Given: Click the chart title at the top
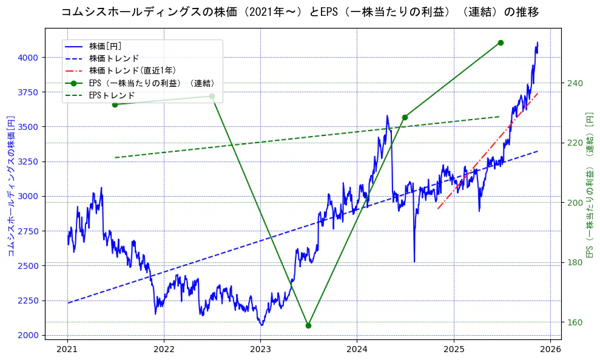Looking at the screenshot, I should (300, 12).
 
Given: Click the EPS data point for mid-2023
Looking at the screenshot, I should (308, 325).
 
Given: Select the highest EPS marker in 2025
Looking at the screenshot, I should (501, 42).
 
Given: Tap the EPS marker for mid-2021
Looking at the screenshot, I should (115, 104).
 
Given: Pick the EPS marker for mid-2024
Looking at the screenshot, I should (405, 117).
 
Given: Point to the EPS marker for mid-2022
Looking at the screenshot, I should (212, 96).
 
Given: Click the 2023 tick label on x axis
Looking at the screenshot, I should (260, 349).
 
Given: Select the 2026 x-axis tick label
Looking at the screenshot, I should (550, 349).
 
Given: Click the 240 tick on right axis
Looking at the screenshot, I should (574, 83).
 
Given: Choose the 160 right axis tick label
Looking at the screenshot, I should (574, 322).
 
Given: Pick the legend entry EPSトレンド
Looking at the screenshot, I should (112, 95).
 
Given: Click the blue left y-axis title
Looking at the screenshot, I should (10, 185).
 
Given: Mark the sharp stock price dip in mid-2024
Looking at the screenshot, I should (414, 261).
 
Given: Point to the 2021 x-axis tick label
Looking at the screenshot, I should (67, 349).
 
